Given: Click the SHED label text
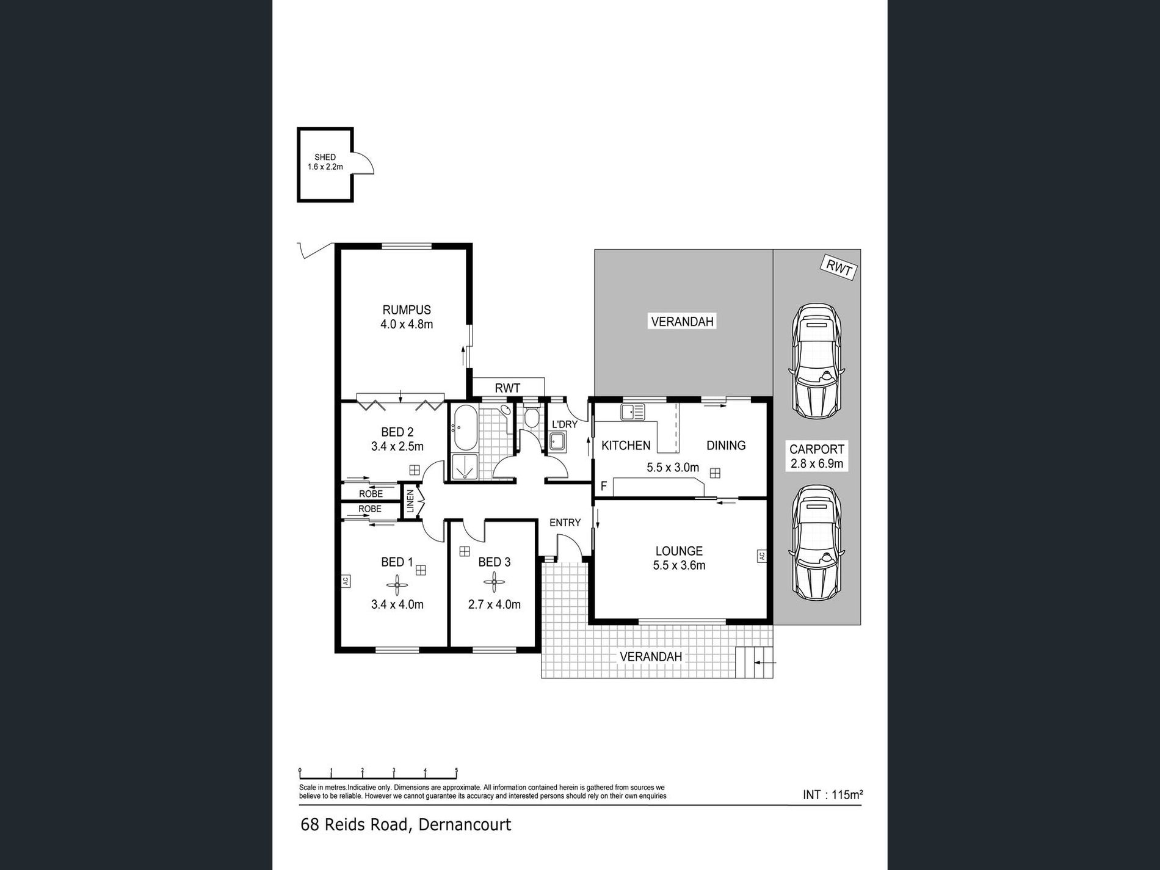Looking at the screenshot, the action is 325,157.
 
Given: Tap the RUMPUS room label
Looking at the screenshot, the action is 407,310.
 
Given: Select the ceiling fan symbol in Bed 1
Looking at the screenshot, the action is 397,587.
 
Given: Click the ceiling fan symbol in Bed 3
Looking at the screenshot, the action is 493,582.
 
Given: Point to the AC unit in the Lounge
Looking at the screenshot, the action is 761,556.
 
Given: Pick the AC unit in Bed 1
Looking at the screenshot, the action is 345,581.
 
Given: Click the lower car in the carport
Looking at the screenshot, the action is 816,542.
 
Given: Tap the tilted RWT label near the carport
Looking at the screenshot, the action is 839,267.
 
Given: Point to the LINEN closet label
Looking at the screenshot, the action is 410,501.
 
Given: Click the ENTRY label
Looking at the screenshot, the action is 565,523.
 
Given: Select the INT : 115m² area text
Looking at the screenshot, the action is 832,795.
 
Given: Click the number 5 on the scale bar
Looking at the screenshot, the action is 456,770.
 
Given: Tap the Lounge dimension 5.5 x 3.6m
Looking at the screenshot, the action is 679,565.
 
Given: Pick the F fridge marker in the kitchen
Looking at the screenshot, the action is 604,486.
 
